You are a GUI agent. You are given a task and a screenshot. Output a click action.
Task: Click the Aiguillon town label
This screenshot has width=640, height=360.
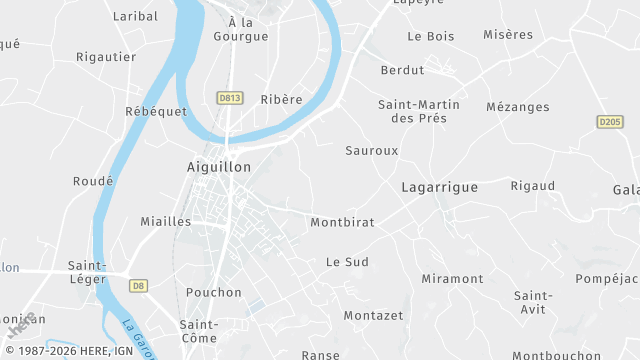click(x=219, y=167)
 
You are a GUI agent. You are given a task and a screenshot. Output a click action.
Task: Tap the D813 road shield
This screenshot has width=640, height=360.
click(x=229, y=98)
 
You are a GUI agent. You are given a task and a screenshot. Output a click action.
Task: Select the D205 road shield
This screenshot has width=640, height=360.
click(x=610, y=122)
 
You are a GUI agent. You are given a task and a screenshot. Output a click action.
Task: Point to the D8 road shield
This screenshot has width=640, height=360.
click(x=138, y=285)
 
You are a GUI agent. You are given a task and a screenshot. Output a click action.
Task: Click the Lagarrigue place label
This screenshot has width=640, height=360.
click(x=439, y=187)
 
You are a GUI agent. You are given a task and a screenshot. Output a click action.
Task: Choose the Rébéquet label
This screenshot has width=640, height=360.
click(x=156, y=111)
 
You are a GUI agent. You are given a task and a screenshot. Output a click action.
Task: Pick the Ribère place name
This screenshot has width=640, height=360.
click(x=281, y=99)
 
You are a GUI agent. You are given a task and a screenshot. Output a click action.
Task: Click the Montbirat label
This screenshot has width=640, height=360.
click(x=342, y=222)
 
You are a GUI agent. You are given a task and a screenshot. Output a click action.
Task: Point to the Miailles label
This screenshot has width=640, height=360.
click(x=165, y=221)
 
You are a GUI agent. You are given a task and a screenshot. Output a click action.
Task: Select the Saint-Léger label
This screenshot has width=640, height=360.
click(x=88, y=273)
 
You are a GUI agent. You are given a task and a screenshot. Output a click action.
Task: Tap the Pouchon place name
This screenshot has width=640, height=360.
click(x=214, y=292)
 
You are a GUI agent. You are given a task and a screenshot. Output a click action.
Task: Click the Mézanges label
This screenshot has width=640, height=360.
click(x=517, y=107)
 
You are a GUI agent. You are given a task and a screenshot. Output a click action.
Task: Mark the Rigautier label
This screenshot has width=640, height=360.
click(x=106, y=57)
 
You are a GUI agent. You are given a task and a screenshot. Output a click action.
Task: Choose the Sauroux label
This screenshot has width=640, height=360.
click(x=371, y=150)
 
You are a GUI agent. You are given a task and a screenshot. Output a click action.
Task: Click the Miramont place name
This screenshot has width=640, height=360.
click(x=452, y=278)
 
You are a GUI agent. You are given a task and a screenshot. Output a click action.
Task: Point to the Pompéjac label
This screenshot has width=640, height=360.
click(x=607, y=278)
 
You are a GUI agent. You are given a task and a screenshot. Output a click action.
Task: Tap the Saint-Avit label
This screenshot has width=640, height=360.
click(x=533, y=303)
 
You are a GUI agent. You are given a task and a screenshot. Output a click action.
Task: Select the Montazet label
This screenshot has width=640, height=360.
click(x=373, y=315)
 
